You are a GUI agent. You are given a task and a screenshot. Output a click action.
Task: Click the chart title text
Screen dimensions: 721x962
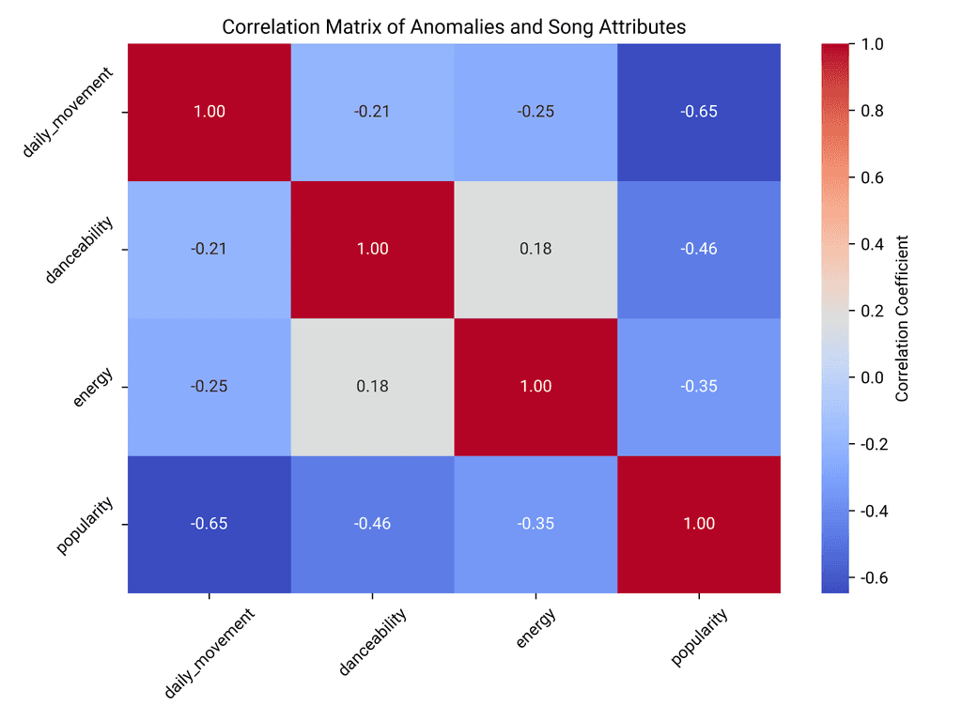(454, 27)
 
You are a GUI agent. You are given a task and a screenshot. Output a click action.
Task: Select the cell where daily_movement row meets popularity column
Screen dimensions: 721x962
(699, 112)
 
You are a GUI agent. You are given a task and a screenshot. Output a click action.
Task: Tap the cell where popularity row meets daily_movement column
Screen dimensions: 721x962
(209, 524)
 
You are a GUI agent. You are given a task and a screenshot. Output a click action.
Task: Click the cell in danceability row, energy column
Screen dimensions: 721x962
(535, 249)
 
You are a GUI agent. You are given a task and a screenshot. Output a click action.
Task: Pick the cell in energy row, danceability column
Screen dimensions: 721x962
(372, 387)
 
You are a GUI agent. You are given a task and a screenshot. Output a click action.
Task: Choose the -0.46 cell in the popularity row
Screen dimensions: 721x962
(372, 524)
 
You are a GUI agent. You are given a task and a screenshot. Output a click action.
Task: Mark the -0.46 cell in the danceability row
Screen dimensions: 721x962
(699, 249)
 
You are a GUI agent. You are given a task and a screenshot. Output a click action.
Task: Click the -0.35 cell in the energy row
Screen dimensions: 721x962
(699, 387)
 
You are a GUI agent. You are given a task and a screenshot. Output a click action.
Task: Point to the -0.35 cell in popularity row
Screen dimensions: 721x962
(535, 524)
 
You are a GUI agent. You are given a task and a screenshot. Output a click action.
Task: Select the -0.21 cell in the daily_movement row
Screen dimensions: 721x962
(372, 112)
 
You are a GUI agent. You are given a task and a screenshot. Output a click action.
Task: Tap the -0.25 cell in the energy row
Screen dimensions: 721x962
(209, 387)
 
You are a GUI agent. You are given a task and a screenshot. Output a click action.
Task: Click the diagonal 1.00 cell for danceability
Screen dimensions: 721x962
(372, 249)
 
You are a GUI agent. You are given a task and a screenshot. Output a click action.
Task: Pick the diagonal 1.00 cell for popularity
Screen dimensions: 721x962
(699, 524)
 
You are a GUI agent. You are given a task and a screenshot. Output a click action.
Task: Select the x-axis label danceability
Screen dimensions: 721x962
(372, 642)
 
